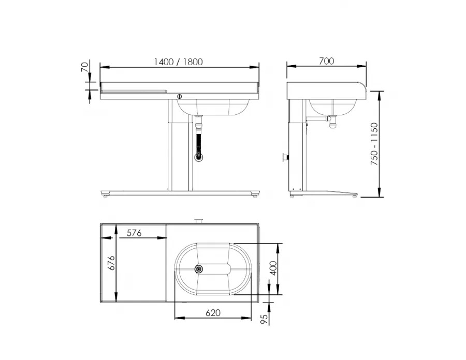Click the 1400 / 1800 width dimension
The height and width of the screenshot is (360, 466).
(178, 62)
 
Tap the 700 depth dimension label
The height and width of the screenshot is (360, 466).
(326, 61)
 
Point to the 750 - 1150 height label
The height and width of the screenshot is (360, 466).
(374, 144)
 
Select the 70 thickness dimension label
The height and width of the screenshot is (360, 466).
(85, 67)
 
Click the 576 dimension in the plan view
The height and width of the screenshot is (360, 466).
(134, 233)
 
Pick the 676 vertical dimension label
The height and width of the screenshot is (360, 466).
(111, 263)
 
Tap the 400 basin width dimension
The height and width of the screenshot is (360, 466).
(273, 268)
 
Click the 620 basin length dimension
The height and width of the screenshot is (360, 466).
(213, 313)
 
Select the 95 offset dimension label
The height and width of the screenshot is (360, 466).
(264, 319)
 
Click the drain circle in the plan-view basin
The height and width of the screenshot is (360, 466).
(199, 269)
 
